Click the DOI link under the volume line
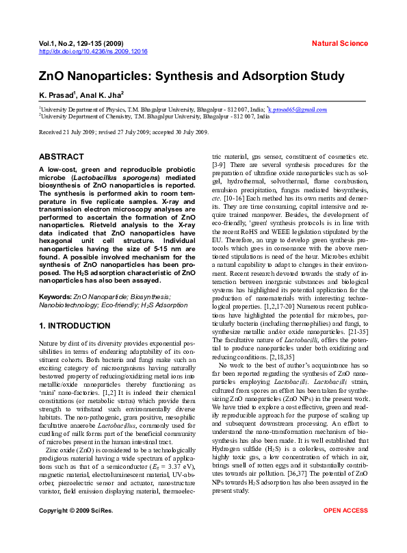coord(93,51)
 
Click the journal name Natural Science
coord(339,44)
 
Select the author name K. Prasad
coord(57,95)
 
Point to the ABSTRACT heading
coord(62,157)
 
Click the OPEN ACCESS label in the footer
coord(345,530)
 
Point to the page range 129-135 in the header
coord(90,44)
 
